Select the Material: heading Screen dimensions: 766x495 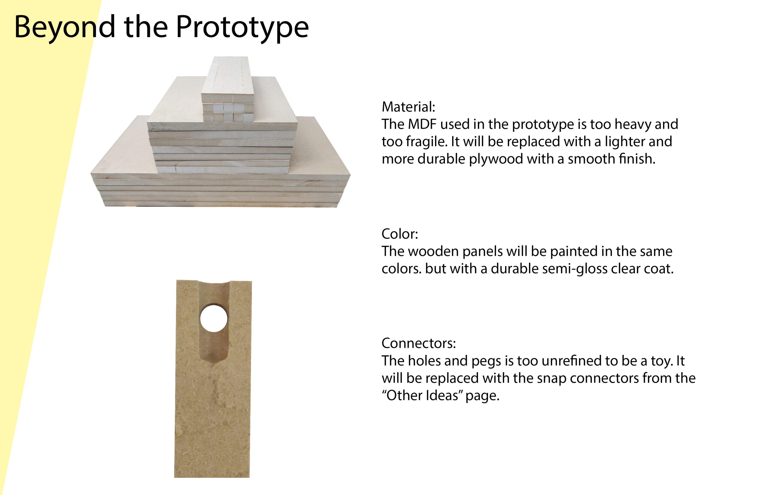coord(408,107)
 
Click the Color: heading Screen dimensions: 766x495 coord(400,234)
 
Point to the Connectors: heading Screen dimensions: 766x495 coord(419,343)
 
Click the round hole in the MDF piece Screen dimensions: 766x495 coord(214,318)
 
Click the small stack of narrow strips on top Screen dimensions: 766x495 coord(227,89)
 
